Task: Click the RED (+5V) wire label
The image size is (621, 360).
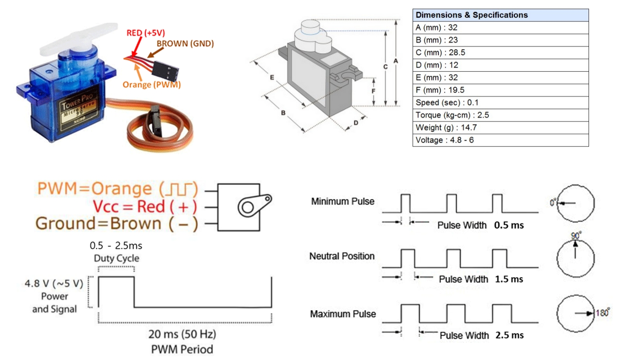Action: coord(146,33)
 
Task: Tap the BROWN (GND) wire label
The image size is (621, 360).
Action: coord(185,44)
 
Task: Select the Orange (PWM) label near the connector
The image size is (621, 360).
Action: coord(152,85)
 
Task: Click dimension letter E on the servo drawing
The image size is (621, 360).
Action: coord(272,77)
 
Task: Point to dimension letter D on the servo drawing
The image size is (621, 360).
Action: coord(356,123)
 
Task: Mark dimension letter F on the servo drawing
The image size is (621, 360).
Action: coord(373,91)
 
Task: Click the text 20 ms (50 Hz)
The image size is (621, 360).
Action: coord(182,334)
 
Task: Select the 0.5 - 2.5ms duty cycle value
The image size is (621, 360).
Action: coord(116,246)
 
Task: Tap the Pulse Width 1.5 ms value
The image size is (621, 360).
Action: coord(509,279)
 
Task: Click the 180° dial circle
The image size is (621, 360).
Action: coord(575,313)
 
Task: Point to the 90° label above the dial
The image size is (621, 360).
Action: coord(576,235)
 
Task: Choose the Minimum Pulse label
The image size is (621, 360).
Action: coord(343,202)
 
